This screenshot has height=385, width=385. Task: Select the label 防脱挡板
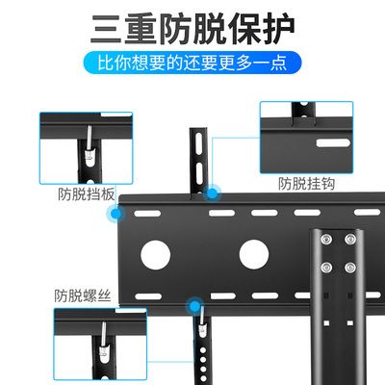[87, 193]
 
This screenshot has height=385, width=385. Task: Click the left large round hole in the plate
[155, 254]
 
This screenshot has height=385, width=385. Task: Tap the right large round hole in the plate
[253, 254]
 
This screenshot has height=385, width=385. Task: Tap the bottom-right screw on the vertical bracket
[349, 267]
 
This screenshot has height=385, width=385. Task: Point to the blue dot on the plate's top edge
[212, 192]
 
